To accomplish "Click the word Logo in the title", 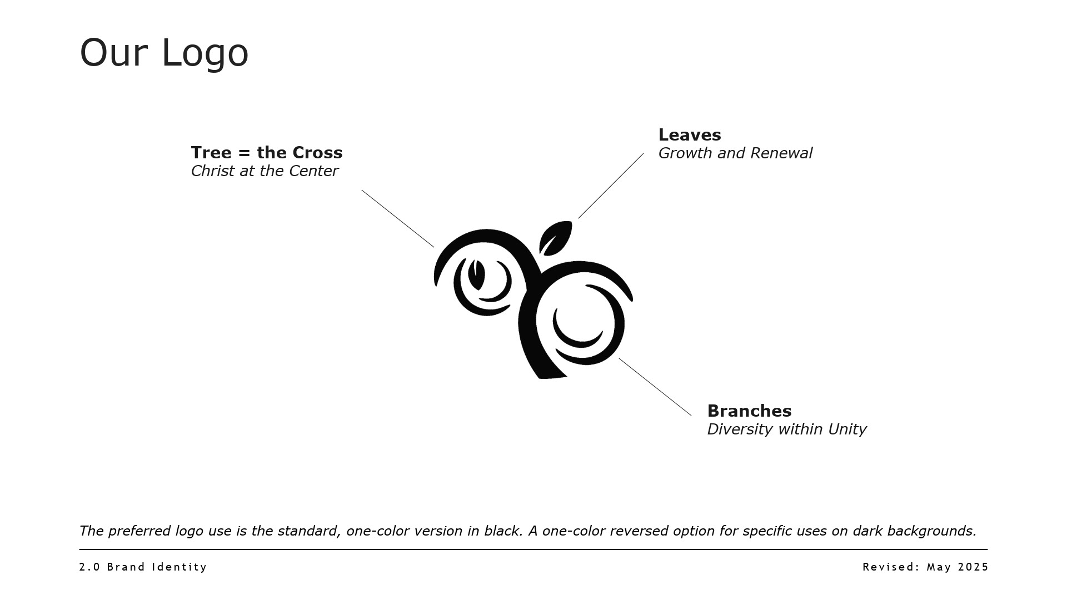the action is (205, 53).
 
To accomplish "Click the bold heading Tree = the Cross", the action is (266, 152).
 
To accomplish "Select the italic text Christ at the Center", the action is (264, 171).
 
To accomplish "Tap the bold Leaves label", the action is (689, 135).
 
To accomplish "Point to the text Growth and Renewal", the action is (735, 153).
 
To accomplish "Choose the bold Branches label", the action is (749, 411).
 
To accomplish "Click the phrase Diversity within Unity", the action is (786, 429).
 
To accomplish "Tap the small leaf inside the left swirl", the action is (476, 274).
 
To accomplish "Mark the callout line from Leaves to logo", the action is (611, 186).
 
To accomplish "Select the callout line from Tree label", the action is (397, 218).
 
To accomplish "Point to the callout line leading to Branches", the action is (655, 387).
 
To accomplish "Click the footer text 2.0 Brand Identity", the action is (143, 567).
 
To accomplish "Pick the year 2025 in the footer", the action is (974, 567).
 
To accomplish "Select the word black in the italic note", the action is (502, 531).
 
